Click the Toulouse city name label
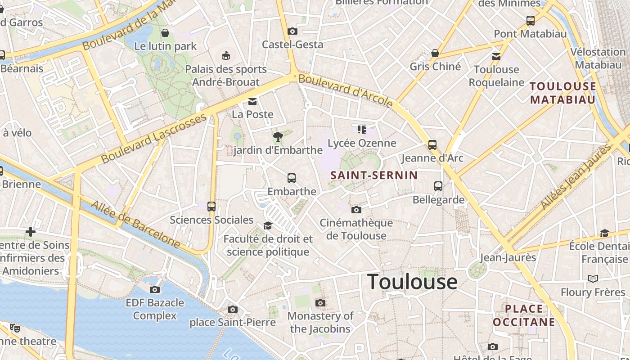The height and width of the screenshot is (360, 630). point(413,282)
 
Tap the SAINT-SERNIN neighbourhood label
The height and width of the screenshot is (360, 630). point(374,175)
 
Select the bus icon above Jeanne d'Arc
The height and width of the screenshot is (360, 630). point(432,144)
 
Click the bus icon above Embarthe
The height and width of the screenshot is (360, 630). point(292,178)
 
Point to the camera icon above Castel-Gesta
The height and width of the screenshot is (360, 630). point(292,31)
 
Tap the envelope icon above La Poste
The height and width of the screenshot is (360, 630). point(252,102)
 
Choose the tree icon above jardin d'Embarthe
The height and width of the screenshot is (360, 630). point(278,136)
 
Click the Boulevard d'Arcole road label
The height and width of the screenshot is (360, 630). point(345,91)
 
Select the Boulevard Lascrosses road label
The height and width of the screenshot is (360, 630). point(153,139)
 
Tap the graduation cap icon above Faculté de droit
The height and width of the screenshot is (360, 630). point(268,225)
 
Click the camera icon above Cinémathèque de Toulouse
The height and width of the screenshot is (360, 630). point(356,210)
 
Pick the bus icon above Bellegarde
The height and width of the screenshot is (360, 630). point(438,186)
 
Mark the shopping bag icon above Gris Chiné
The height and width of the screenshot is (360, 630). point(435,53)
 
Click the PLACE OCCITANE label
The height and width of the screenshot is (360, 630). point(524,315)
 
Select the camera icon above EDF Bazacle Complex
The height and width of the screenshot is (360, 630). point(155,289)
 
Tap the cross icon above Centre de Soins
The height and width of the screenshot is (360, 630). point(31,232)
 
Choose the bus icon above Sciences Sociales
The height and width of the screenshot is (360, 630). point(211,207)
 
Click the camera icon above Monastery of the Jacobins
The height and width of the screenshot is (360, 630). point(320,303)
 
